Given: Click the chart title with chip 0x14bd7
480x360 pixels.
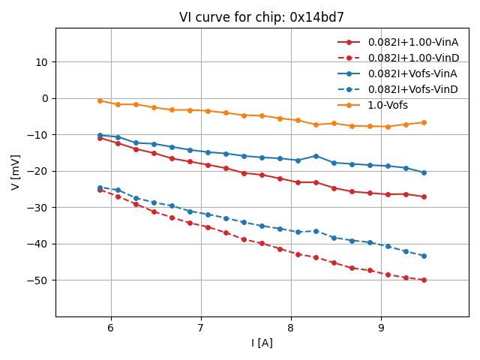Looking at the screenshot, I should click(262, 17).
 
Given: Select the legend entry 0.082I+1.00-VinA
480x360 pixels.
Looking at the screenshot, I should click(412, 42).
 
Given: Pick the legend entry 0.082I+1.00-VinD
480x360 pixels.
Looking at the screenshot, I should click(412, 58).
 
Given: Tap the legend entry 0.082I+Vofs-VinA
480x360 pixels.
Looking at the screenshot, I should click(412, 73).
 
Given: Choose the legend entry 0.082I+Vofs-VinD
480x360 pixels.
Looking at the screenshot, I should click(412, 89).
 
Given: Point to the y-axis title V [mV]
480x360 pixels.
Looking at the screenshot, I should click(16, 172).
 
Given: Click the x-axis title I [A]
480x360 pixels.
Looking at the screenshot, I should click(262, 343).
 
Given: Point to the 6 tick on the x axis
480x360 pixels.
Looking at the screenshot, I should click(110, 328).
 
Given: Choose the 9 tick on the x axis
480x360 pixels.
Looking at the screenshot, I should click(381, 328).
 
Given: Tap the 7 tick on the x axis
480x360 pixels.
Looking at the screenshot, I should click(200, 328).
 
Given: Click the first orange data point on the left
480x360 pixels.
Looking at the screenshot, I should click(100, 100).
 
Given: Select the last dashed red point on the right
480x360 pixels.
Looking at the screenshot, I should click(424, 280).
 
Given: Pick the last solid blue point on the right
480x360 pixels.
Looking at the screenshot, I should click(424, 172).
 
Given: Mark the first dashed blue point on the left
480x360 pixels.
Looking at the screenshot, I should click(100, 187).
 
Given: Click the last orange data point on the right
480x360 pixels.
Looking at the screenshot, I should click(424, 122).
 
